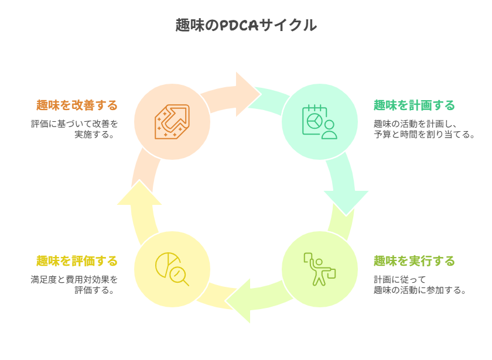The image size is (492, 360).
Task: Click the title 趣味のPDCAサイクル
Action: point(246,25)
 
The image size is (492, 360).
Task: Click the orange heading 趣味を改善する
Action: point(77,105)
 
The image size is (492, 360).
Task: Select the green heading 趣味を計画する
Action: point(415,105)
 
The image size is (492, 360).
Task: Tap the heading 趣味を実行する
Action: point(415,260)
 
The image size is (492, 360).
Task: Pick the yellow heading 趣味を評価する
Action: point(77,260)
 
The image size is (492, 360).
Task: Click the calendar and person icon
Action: point(320,122)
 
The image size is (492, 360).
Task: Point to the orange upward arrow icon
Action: point(172,122)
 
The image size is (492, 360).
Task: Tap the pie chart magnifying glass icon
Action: point(172,269)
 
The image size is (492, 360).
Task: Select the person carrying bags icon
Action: point(319,269)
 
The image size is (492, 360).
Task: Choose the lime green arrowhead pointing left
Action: point(240,301)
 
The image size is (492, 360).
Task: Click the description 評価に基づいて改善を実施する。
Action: point(74,129)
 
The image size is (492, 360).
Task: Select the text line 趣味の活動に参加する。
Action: point(420,290)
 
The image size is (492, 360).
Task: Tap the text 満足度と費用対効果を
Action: point(74,279)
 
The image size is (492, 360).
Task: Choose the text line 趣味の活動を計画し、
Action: point(415,124)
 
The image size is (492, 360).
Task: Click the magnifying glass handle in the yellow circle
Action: point(185,282)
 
